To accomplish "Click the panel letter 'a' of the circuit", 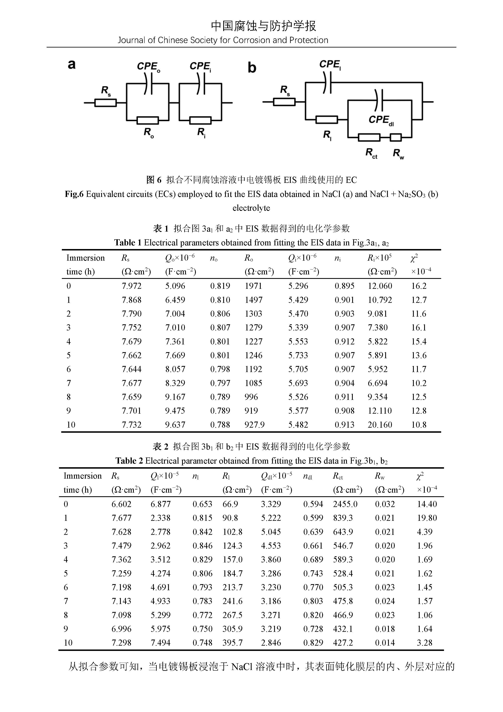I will [72, 65].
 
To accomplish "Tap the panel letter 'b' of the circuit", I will [252, 68].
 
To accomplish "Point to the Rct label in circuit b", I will [371, 153].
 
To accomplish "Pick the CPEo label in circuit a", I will [148, 67].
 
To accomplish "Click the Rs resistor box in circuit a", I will [105, 103].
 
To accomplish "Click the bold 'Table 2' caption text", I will [129, 461].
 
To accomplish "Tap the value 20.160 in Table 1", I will [380, 425].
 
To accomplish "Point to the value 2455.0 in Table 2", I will [345, 504].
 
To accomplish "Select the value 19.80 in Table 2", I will [427, 518].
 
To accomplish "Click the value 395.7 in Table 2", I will [232, 643].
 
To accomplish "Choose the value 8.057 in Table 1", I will [175, 369].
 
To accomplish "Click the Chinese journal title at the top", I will [263, 26].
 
